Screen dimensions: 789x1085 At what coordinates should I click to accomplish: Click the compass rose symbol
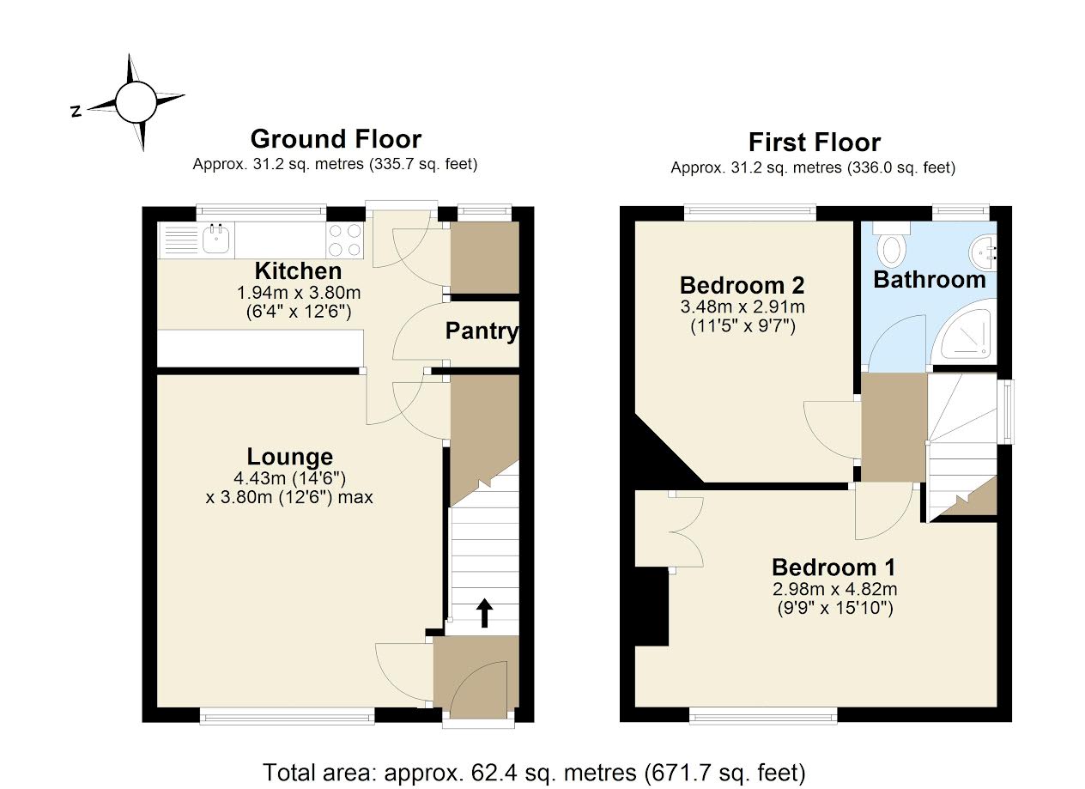(x=137, y=102)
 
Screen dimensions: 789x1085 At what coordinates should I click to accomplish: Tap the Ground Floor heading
(x=335, y=138)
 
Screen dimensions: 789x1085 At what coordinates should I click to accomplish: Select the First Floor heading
(x=814, y=142)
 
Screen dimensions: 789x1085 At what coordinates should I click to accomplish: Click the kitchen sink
(x=216, y=240)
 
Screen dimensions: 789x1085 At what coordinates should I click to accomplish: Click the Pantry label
(x=482, y=331)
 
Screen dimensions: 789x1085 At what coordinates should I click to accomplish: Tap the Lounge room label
(x=289, y=457)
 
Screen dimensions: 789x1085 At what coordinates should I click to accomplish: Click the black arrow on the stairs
(x=484, y=613)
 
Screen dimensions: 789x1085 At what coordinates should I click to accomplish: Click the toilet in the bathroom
(x=893, y=246)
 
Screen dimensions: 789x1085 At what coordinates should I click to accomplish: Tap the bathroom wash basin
(x=985, y=252)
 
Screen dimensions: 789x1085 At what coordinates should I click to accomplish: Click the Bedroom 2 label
(x=742, y=285)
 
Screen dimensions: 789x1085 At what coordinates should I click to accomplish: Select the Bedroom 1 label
(x=833, y=567)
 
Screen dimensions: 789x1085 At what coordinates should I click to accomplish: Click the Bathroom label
(x=929, y=280)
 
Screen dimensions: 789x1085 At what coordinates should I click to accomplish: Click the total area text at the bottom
(x=534, y=772)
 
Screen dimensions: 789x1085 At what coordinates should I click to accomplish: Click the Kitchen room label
(x=298, y=271)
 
